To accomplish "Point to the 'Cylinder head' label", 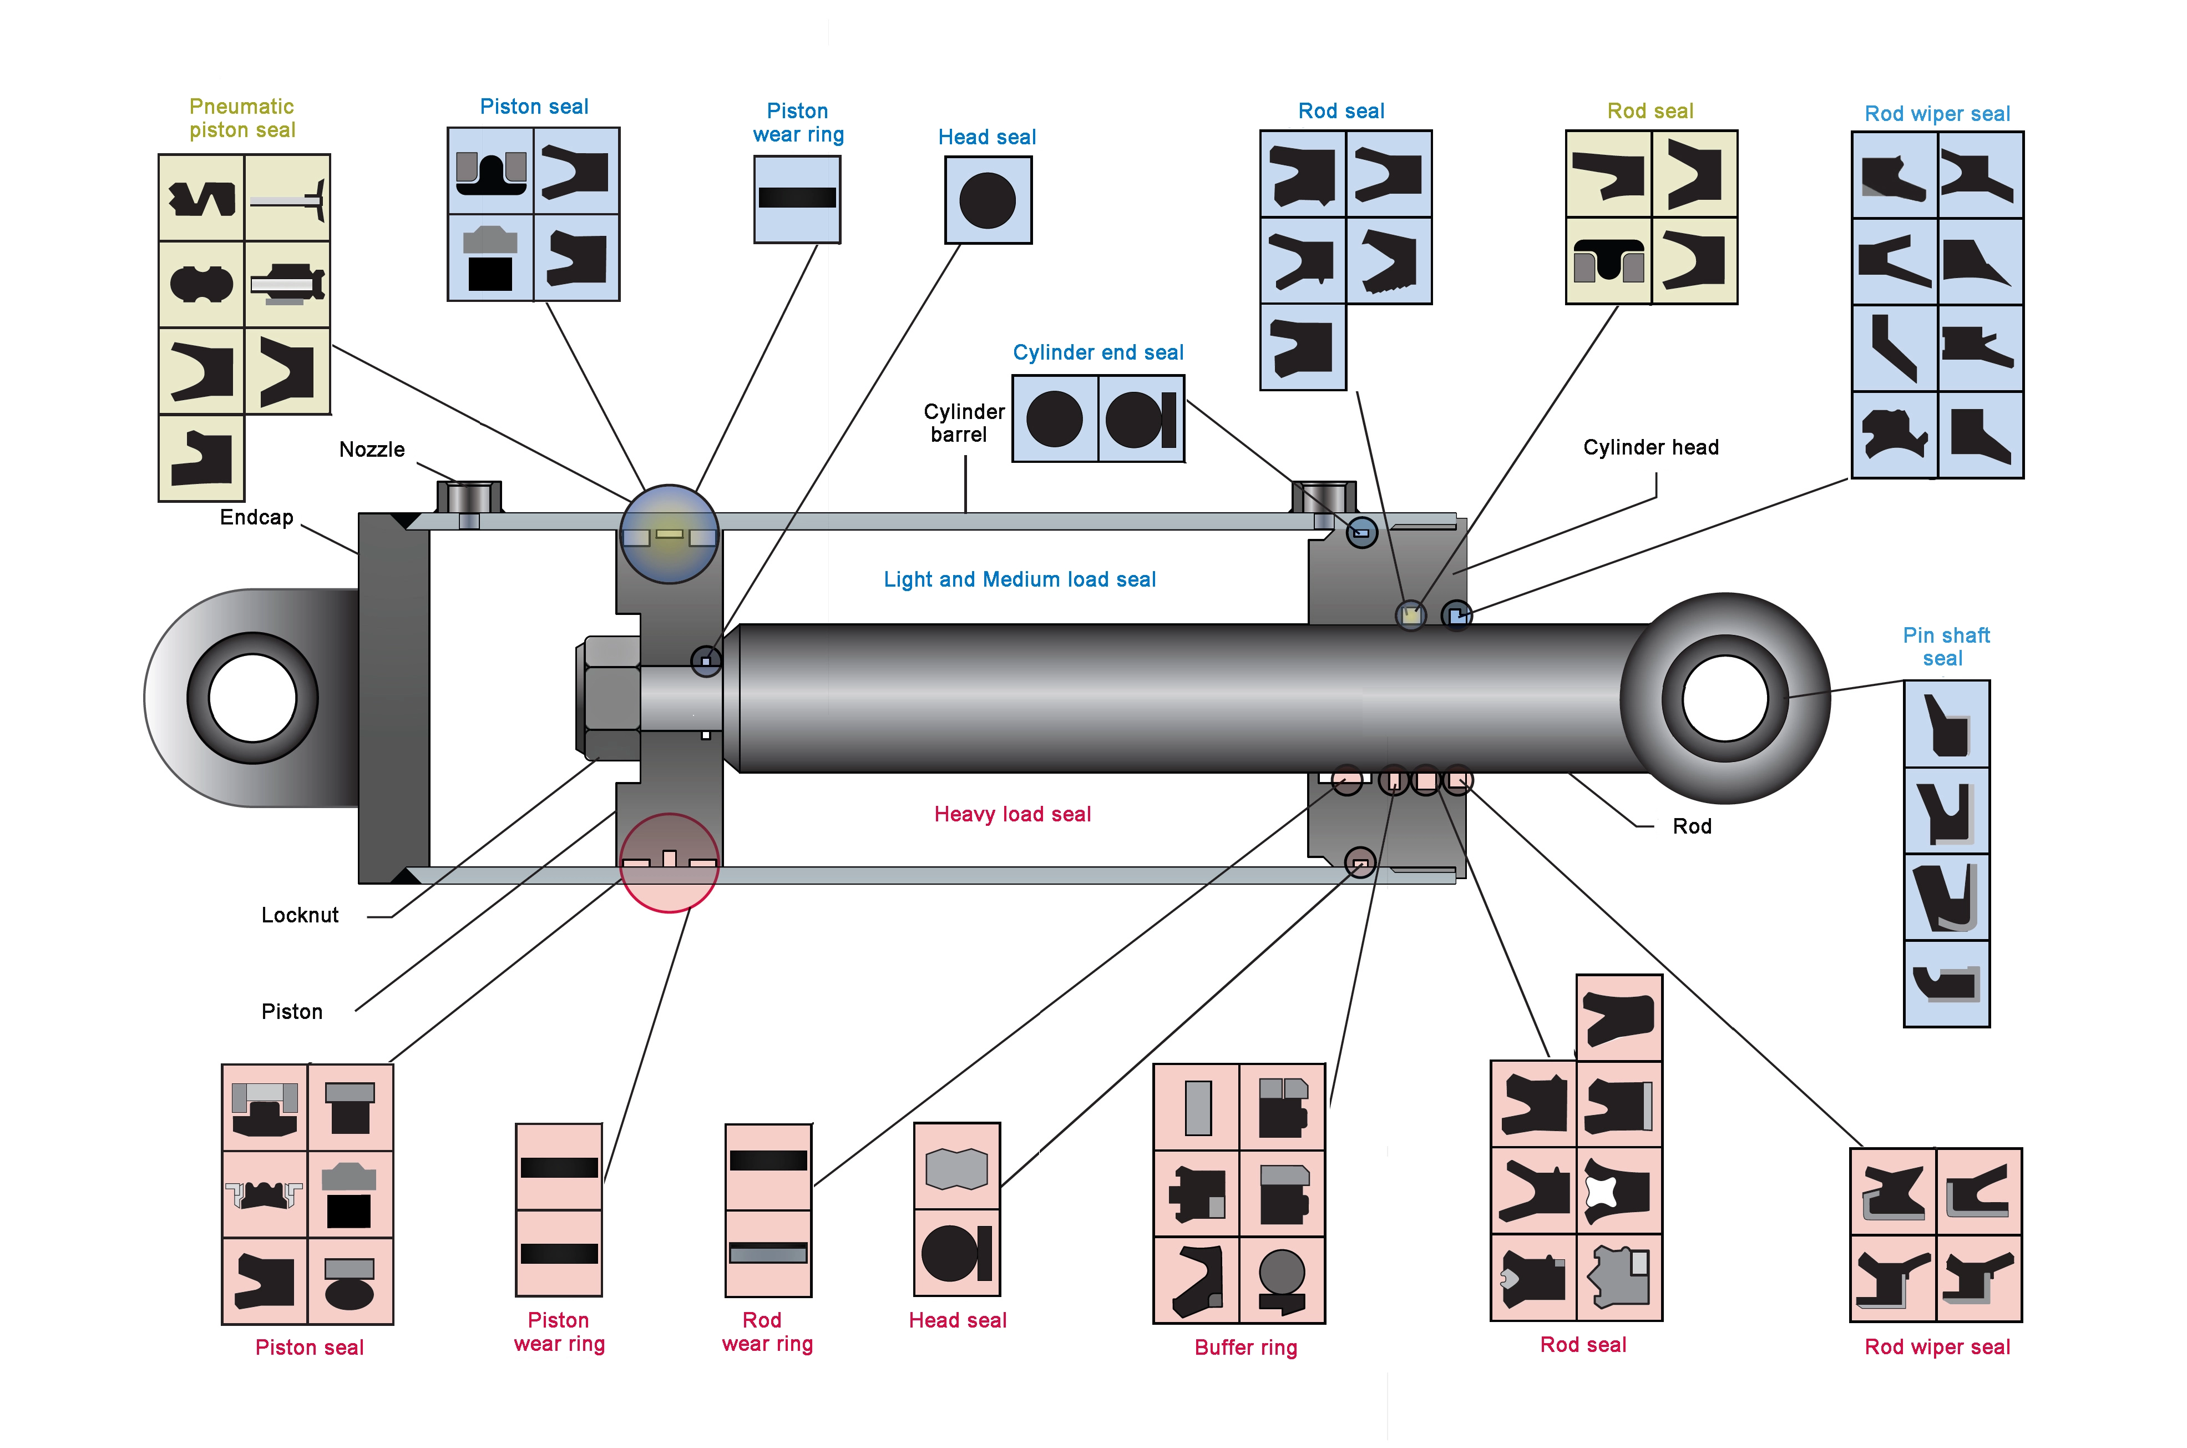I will pyautogui.click(x=1650, y=448).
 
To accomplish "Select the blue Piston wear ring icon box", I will pyautogui.click(x=797, y=199).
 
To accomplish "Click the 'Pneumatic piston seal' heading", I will pyautogui.click(x=242, y=118).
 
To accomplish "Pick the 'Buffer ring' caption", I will pyautogui.click(x=1246, y=1348).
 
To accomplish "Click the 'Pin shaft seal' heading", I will pyautogui.click(x=1945, y=647).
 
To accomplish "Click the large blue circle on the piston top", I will pyautogui.click(x=669, y=534).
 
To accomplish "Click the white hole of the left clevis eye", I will pyautogui.click(x=252, y=698).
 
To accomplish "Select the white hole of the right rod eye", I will pyautogui.click(x=1724, y=698).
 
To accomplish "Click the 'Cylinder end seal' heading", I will pyautogui.click(x=1097, y=353).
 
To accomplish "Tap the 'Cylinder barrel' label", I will pyautogui.click(x=963, y=423).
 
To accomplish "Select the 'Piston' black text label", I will pyautogui.click(x=292, y=1012).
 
